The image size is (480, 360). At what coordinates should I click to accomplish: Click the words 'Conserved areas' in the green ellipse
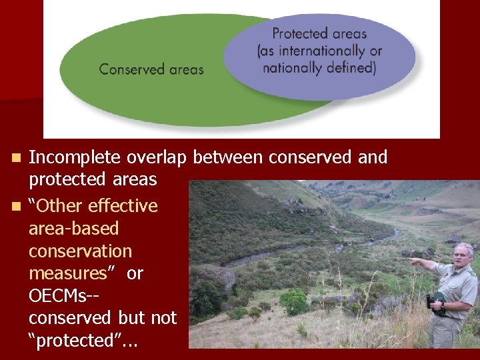click(151, 69)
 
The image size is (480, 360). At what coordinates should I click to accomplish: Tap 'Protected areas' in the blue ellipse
click(319, 33)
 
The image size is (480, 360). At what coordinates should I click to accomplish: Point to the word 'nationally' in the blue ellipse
click(293, 67)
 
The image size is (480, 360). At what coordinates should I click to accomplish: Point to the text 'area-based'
click(74, 229)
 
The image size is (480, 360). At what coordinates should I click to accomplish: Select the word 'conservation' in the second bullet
click(81, 251)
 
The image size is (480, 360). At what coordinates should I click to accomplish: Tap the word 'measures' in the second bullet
click(67, 274)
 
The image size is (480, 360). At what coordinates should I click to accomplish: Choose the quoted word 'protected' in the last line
click(75, 341)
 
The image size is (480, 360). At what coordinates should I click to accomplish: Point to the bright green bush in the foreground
click(293, 301)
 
